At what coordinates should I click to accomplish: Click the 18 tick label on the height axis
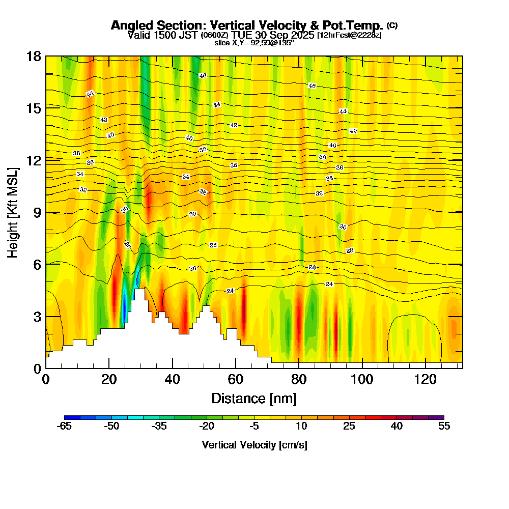point(34,56)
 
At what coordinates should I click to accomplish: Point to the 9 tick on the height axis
point(46,212)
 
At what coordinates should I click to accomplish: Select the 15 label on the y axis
point(34,108)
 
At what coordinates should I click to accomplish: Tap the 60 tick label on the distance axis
point(235,379)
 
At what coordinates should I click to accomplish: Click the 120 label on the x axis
point(425,379)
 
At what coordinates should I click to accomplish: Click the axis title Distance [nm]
point(254,398)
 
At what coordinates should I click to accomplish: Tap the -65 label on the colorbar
point(65,427)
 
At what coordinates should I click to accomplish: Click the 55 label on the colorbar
point(444,427)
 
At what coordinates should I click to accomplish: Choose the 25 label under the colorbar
point(349,427)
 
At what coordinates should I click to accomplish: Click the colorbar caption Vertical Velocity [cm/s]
point(254,445)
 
